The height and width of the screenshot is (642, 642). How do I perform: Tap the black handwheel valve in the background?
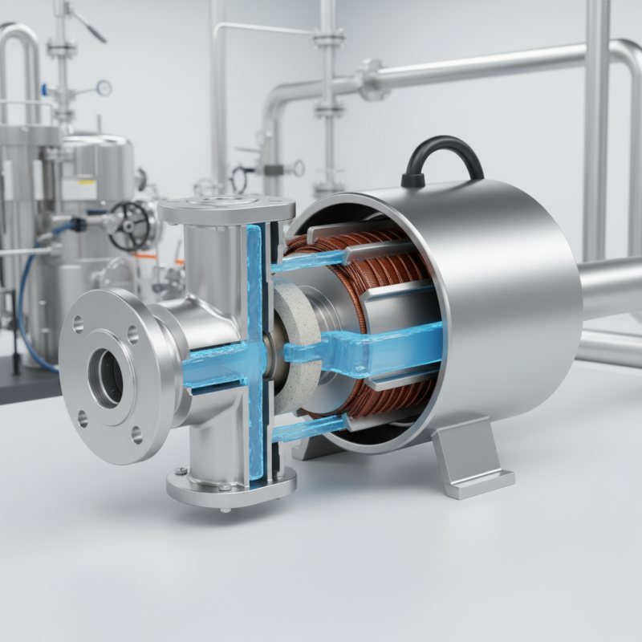click(x=129, y=226)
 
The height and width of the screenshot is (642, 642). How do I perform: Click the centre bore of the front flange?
click(x=107, y=376)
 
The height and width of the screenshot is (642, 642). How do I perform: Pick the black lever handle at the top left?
click(x=88, y=25)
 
